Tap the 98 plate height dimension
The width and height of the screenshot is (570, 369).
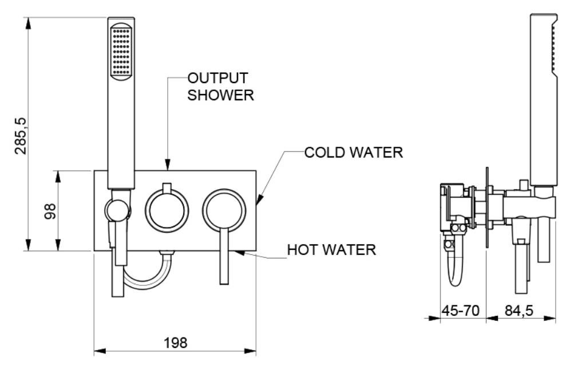[x=51, y=210]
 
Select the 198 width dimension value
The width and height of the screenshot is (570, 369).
[x=175, y=343]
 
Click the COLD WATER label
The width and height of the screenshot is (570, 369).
[x=353, y=153]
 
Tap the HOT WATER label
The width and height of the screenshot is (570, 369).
[x=331, y=250]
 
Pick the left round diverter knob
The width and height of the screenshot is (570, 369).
[x=167, y=209]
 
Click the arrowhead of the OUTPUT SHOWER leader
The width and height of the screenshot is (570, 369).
[x=167, y=167]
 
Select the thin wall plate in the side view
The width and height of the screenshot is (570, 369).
[x=486, y=207]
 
